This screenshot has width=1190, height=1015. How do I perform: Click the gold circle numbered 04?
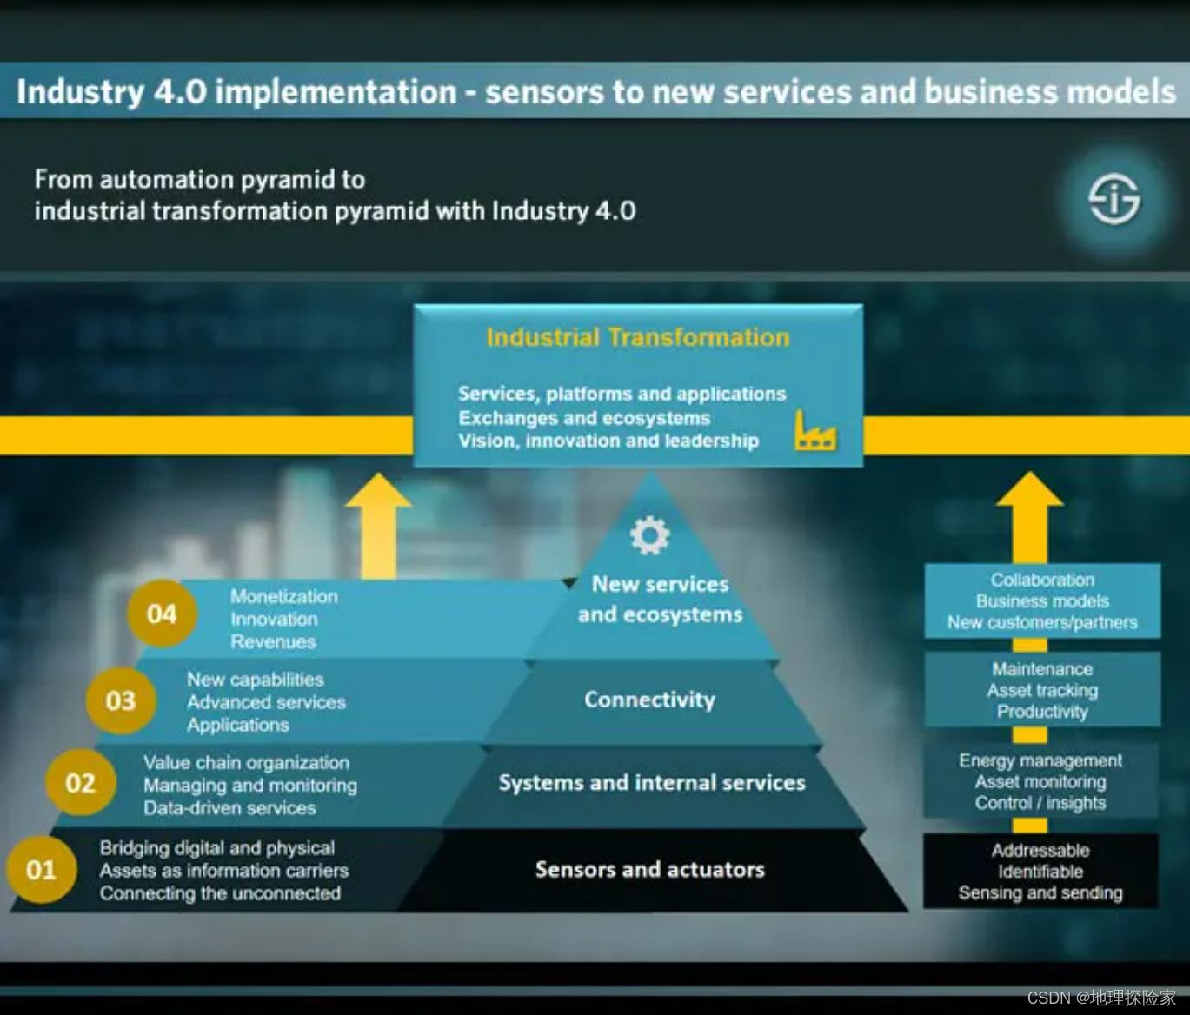point(162,614)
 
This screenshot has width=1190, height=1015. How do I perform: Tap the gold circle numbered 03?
point(121,700)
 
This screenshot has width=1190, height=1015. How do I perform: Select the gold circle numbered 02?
point(81,783)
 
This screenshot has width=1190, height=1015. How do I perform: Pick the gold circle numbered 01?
point(41,869)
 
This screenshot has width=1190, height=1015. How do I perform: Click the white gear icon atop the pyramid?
point(649,535)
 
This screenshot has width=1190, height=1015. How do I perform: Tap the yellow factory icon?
point(815,431)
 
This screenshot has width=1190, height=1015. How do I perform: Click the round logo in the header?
point(1114,199)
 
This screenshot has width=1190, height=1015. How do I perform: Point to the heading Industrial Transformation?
point(638,337)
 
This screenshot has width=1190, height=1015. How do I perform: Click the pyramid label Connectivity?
point(649,700)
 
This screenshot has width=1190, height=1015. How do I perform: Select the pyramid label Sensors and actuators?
point(649,869)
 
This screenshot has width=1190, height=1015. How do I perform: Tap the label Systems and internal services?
point(652,783)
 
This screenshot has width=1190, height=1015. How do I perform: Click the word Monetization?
point(283,596)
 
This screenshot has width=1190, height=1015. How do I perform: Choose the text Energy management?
point(1040,760)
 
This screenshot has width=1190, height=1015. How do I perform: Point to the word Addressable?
point(1040,850)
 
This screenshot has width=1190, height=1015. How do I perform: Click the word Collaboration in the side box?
point(1042,580)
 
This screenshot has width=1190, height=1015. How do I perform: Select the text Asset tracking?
point(1042,690)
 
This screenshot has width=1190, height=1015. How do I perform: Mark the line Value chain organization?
point(246,762)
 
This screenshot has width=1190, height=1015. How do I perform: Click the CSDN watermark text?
point(1100,998)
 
